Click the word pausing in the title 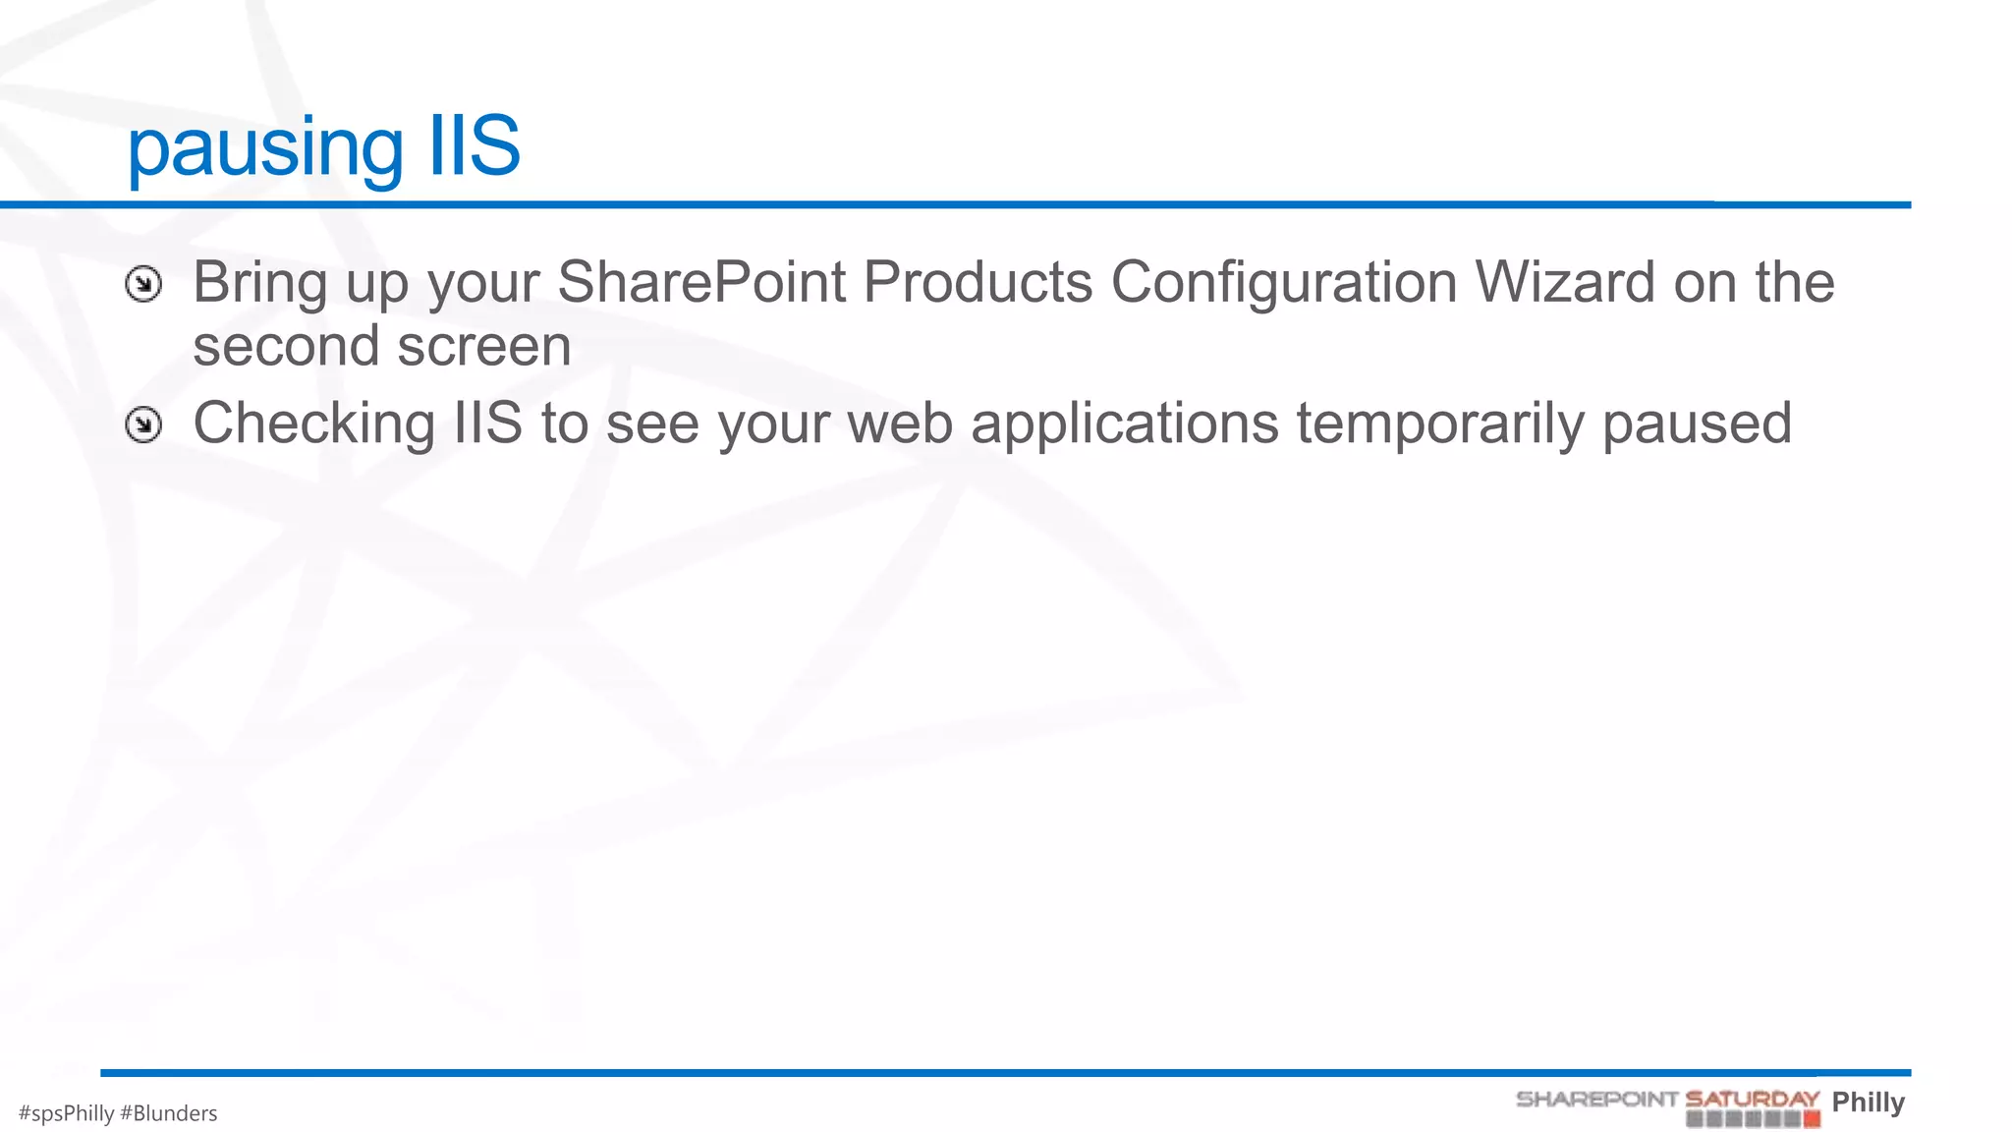coord(264,147)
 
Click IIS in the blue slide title coord(475,145)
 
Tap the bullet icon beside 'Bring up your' coord(143,285)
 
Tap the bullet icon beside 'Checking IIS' coord(143,425)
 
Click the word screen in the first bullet coord(483,346)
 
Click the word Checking coord(313,424)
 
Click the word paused coord(1697,424)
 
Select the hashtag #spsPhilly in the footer coord(66,1113)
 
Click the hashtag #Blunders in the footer coord(168,1113)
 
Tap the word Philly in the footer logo coord(1868,1102)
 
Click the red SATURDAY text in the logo coord(1752,1099)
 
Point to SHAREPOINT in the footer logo coord(1596,1099)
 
